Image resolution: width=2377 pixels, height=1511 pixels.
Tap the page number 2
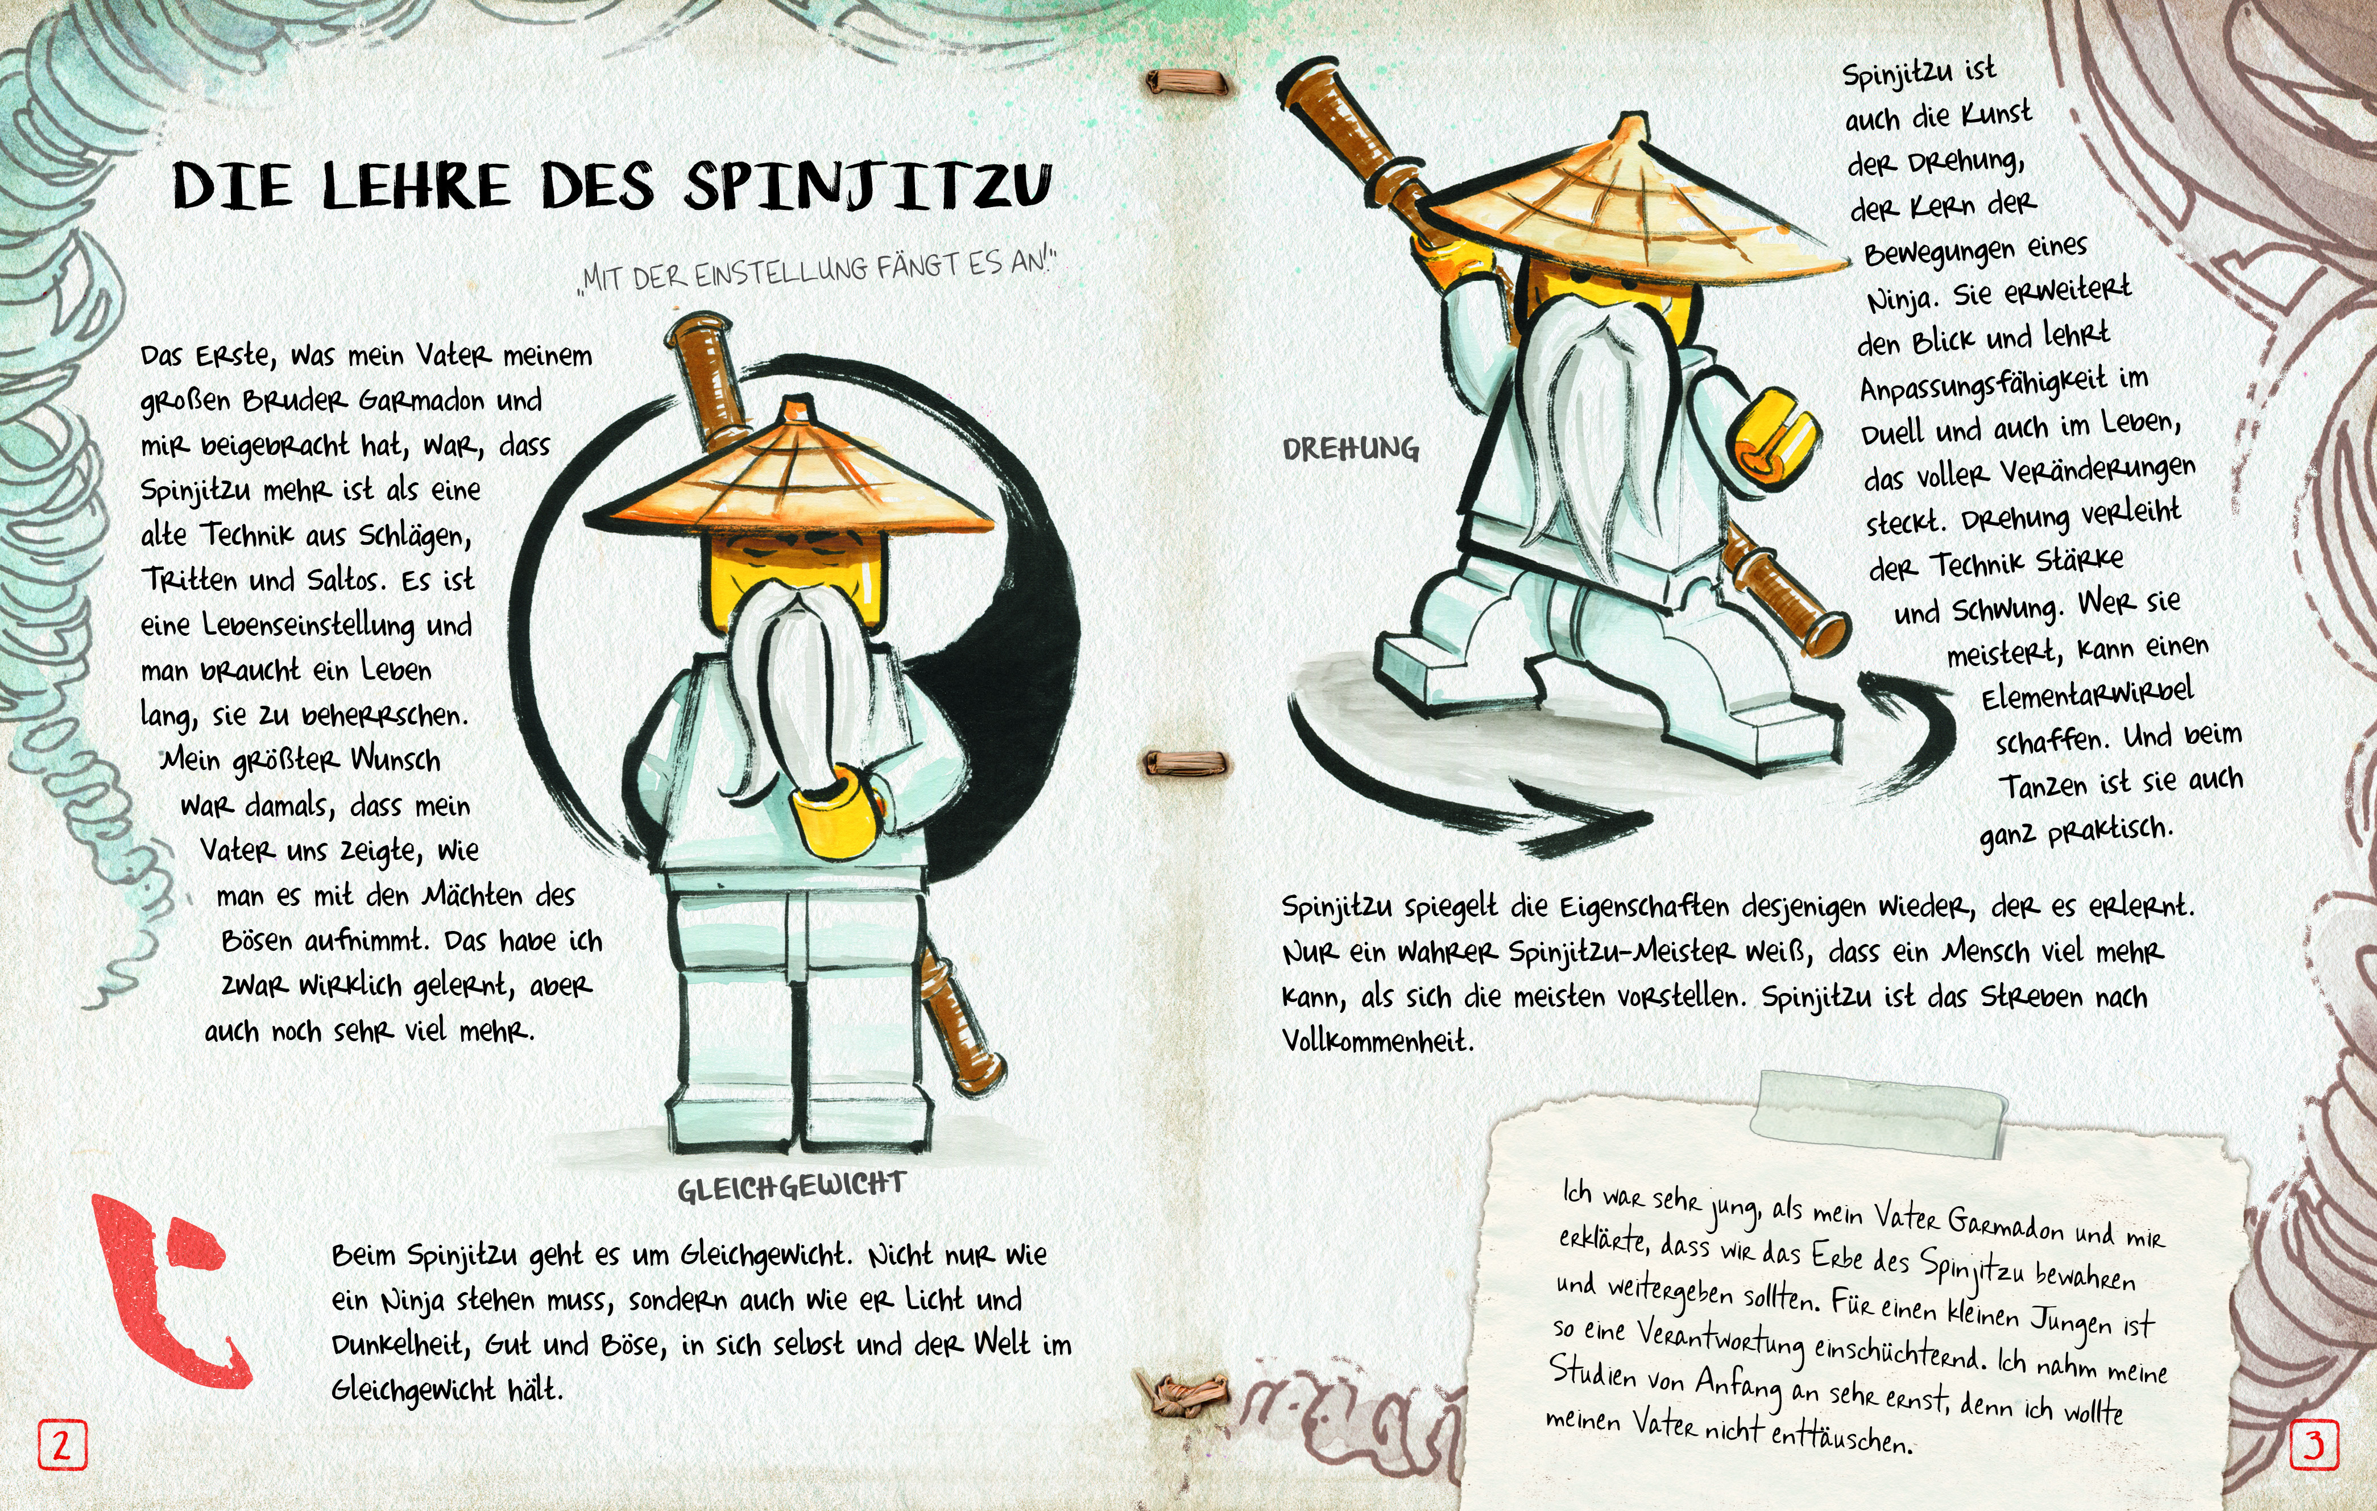pos(61,1446)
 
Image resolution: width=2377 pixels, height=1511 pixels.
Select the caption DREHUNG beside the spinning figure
pos(1351,449)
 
